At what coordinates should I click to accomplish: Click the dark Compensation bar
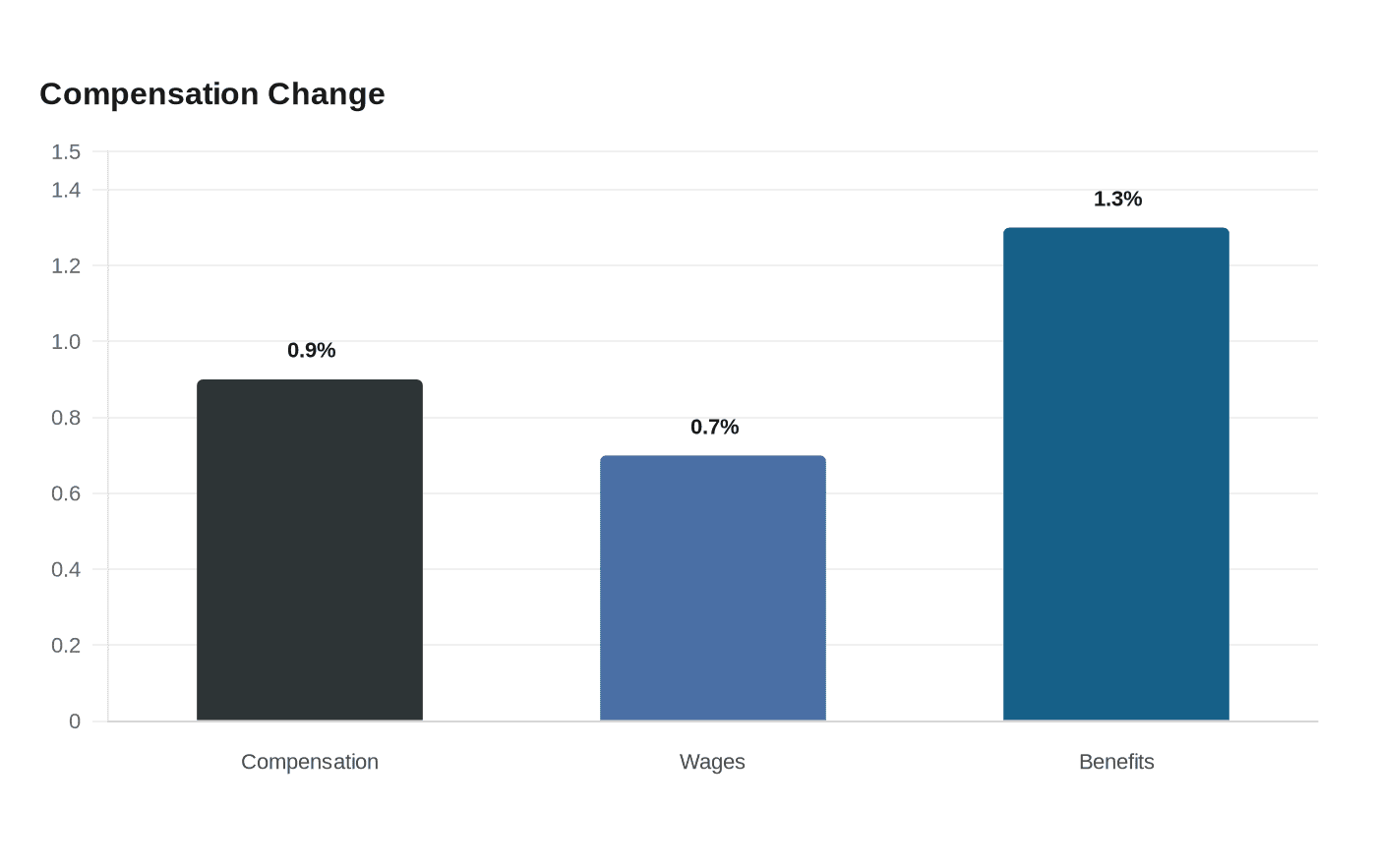(x=310, y=549)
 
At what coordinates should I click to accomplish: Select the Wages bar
(x=713, y=588)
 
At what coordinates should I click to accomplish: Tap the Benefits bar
(x=1116, y=474)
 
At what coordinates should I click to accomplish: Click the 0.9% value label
(x=311, y=350)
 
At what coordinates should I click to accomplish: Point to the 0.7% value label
(x=714, y=427)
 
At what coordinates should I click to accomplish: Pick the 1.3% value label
(x=1117, y=199)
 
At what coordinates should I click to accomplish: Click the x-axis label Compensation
(x=310, y=762)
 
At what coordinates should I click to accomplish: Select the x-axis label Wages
(x=712, y=762)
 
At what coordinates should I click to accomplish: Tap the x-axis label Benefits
(x=1116, y=762)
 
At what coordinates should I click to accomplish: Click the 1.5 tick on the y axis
(x=66, y=151)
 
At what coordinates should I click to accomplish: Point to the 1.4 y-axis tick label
(x=66, y=190)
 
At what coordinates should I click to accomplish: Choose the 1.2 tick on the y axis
(x=66, y=266)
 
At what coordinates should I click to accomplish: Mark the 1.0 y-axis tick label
(x=66, y=342)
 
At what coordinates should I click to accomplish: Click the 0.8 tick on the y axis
(x=66, y=418)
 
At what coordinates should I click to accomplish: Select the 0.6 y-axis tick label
(x=66, y=493)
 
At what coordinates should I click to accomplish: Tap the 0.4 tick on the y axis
(x=66, y=569)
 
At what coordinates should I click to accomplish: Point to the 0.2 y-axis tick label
(x=66, y=645)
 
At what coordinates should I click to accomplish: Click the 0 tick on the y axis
(x=75, y=721)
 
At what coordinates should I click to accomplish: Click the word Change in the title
(x=326, y=94)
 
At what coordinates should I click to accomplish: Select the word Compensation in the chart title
(x=150, y=94)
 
